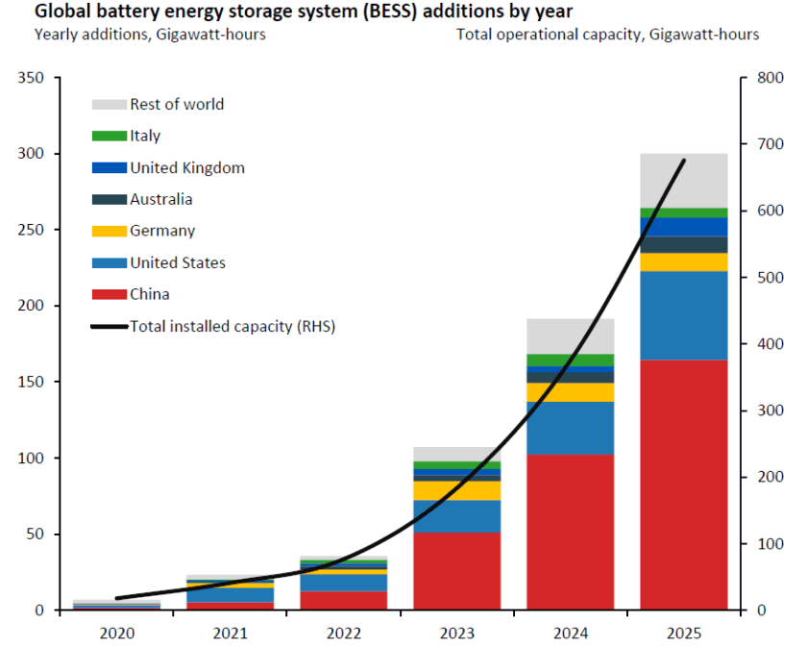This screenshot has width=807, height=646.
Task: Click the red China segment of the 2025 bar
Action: [683, 484]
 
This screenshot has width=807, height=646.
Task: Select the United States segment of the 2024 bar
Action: [570, 428]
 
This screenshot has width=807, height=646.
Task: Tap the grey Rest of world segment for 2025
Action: [683, 180]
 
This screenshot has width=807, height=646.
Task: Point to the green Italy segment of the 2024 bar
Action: [570, 360]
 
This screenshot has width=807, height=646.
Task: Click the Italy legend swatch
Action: [110, 137]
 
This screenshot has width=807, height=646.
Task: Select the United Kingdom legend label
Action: [187, 168]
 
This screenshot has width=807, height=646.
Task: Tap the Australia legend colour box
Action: [110, 200]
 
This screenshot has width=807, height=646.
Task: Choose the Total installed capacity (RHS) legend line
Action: [110, 327]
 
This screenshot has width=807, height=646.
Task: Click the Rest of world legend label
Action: [177, 104]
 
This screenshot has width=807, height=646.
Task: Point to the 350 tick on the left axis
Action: [39, 78]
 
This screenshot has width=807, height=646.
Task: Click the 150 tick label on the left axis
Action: [39, 382]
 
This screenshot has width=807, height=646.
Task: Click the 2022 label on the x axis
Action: [343, 633]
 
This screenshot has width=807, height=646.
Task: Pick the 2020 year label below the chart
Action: [116, 633]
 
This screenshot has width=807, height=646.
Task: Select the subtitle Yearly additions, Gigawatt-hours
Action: [150, 35]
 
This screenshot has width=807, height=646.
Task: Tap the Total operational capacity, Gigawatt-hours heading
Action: [607, 35]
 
